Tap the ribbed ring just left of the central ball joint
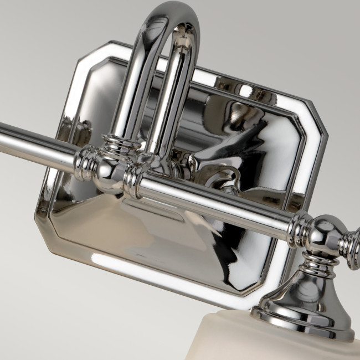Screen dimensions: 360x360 click(x=84, y=162)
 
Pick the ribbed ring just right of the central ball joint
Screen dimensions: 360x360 click(x=133, y=182)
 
